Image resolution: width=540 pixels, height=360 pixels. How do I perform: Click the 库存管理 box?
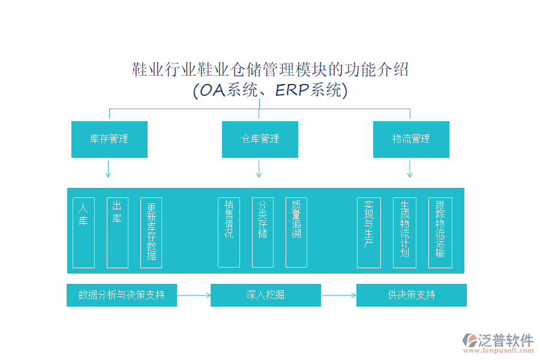tap(109, 139)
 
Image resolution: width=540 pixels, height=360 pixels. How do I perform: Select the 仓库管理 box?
tap(260, 139)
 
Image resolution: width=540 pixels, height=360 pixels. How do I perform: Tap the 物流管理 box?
tap(411, 139)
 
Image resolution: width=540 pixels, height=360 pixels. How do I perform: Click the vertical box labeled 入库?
tap(83, 232)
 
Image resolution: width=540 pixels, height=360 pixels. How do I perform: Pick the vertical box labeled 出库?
tap(117, 232)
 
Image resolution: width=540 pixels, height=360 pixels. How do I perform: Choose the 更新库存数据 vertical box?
tap(151, 232)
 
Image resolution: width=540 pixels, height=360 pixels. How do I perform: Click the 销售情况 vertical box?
tap(229, 232)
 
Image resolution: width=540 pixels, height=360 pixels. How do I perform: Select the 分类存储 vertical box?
tap(262, 232)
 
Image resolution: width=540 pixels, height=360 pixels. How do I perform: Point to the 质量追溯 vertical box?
tap(296, 232)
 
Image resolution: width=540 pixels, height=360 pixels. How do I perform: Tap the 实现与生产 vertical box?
tap(368, 232)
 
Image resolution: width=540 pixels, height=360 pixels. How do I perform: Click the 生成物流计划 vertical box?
tap(404, 232)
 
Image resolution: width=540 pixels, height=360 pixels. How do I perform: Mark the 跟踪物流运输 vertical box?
tap(440, 232)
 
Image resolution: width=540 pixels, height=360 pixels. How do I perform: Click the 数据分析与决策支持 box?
tap(122, 295)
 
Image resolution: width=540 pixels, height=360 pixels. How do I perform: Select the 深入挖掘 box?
tap(265, 295)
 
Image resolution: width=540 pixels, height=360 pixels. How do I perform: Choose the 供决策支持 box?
tap(411, 295)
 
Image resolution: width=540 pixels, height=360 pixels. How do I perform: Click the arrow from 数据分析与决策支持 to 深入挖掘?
tap(194, 295)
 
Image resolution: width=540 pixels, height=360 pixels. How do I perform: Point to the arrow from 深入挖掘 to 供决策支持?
tap(338, 295)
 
